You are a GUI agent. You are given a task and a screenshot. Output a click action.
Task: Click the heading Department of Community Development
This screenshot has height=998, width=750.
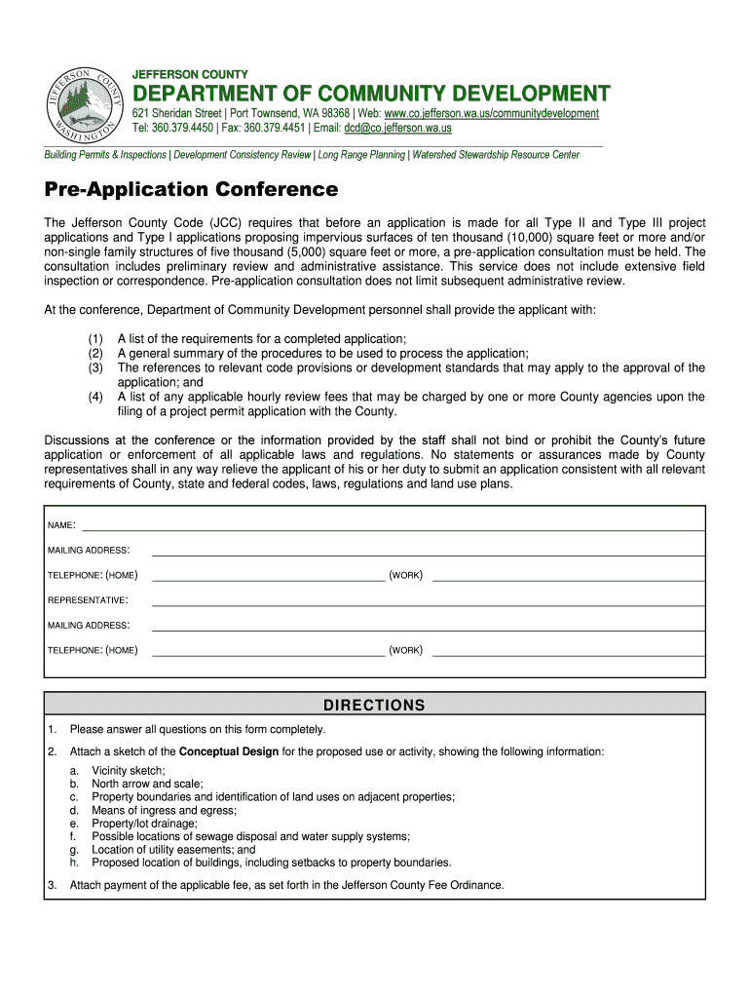pos(371,95)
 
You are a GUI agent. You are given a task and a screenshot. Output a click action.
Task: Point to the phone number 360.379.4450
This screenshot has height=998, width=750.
pos(180,128)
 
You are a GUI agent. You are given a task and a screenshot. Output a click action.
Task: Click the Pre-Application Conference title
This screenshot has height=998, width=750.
pos(191,189)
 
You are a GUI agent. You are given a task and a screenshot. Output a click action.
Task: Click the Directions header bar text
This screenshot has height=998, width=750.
pos(375,706)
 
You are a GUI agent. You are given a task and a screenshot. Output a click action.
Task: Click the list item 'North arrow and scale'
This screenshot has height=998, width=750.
pos(147,784)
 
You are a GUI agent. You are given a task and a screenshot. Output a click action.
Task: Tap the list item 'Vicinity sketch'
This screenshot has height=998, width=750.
pos(129,770)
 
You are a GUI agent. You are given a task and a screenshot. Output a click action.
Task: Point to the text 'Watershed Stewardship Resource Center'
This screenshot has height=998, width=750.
pos(496,155)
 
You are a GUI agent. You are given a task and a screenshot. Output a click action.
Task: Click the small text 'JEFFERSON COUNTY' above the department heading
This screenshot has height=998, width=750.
pos(190,75)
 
